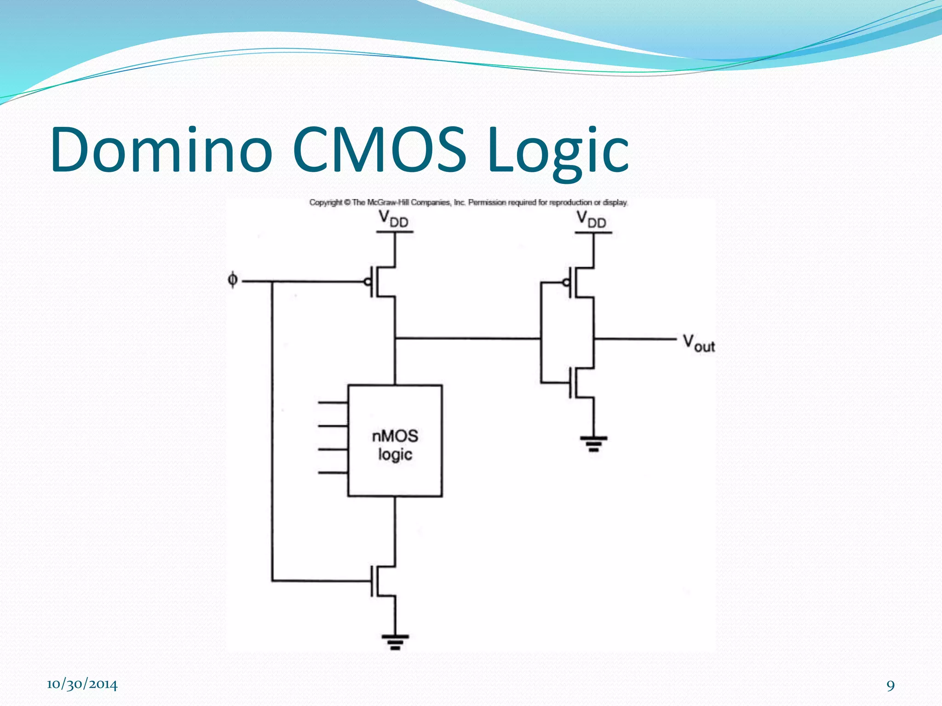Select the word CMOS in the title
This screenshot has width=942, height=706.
(x=379, y=150)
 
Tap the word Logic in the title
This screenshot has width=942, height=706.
(x=557, y=150)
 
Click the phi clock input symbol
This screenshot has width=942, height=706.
(x=233, y=279)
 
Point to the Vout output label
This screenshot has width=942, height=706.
(x=698, y=343)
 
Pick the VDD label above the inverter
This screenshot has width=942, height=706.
(x=592, y=219)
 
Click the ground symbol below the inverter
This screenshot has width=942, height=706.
(x=593, y=443)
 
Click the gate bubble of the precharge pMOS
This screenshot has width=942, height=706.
(x=368, y=281)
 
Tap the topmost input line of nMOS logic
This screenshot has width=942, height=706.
(x=333, y=403)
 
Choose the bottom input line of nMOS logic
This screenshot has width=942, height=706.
(x=333, y=473)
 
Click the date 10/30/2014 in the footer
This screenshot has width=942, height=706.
(x=82, y=684)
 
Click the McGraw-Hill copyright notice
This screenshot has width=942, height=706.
(x=468, y=202)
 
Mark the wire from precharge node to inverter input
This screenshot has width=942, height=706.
(x=467, y=339)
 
